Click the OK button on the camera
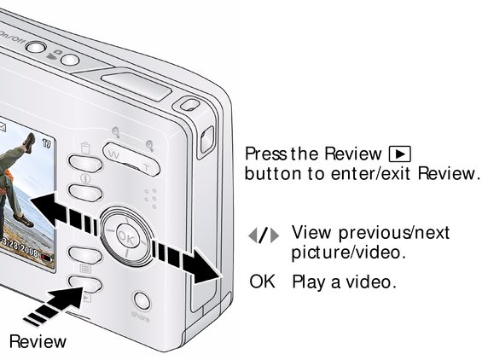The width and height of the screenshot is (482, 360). click(126, 236)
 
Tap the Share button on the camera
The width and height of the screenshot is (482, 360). click(142, 301)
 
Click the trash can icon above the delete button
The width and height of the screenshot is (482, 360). click(85, 148)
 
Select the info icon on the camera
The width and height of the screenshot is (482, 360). click(85, 178)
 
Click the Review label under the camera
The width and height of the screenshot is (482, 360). click(38, 341)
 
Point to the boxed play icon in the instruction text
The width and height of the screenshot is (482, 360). click(399, 154)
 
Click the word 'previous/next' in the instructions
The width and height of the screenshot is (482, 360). click(394, 233)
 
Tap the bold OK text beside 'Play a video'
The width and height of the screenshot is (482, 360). click(262, 282)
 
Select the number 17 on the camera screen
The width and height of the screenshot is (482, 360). click(46, 143)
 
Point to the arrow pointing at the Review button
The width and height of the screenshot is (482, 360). click(55, 305)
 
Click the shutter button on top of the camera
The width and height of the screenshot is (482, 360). click(136, 86)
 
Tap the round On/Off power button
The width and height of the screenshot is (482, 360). click(36, 47)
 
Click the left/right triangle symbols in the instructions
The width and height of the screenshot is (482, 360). click(264, 236)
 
